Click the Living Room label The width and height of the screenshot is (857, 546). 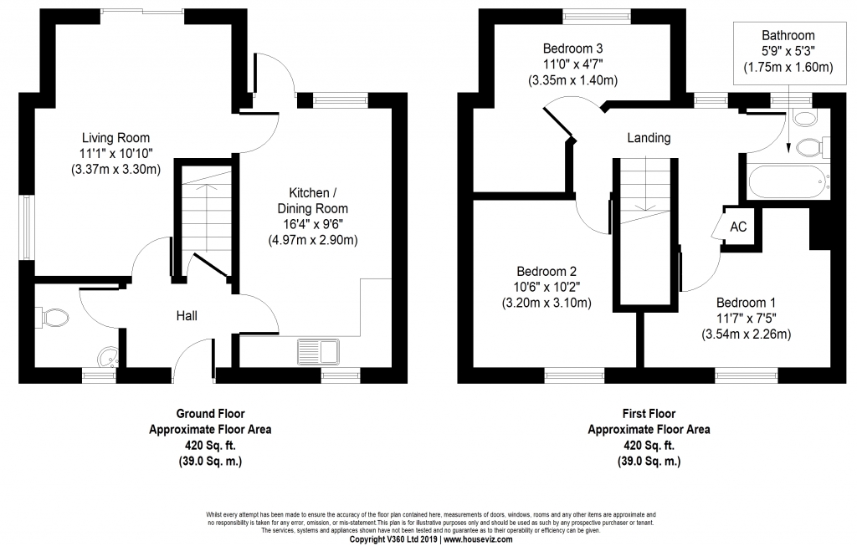coord(115,138)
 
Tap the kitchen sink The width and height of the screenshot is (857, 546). coord(319,352)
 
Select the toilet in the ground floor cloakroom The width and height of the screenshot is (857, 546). coord(53,317)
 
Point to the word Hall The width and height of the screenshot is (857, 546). coord(187,315)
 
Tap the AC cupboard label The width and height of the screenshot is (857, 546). coord(738,227)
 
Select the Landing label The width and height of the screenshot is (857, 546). coord(649,138)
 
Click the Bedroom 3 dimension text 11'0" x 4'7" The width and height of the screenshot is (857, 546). coord(572,64)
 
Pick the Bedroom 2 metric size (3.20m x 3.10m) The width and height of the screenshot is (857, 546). coord(547,303)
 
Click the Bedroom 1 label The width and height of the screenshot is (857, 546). coord(746,303)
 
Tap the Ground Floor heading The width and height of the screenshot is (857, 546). coord(210,414)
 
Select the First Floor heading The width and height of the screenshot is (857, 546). coord(649,414)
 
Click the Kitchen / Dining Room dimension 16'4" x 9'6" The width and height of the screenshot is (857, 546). coord(313,224)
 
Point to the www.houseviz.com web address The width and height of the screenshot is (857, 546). coord(478,539)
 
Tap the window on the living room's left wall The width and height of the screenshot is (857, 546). coord(26,227)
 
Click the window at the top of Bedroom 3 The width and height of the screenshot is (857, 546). coord(598,15)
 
